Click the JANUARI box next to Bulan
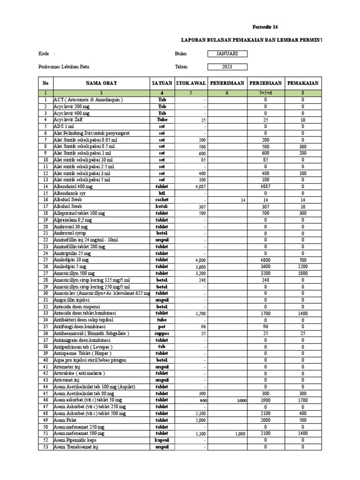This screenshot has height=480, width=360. click(x=227, y=54)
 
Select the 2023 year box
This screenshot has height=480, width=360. click(x=227, y=67)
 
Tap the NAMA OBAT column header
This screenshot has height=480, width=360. click(x=101, y=83)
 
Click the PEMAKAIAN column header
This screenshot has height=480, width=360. click(x=302, y=83)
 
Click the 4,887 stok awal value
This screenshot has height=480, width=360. click(x=200, y=186)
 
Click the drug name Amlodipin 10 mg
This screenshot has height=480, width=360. click(x=71, y=259)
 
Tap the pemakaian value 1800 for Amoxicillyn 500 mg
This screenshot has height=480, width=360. click(x=302, y=273)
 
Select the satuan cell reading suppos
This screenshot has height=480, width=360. click(x=162, y=333)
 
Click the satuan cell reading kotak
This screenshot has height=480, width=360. click(x=162, y=206)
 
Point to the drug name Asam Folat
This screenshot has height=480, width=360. click(x=66, y=420)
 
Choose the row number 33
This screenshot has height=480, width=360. click(x=45, y=313)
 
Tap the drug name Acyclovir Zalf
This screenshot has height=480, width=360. click(x=68, y=120)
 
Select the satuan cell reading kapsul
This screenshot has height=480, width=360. click(x=162, y=440)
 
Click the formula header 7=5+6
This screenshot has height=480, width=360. click(x=265, y=93)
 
